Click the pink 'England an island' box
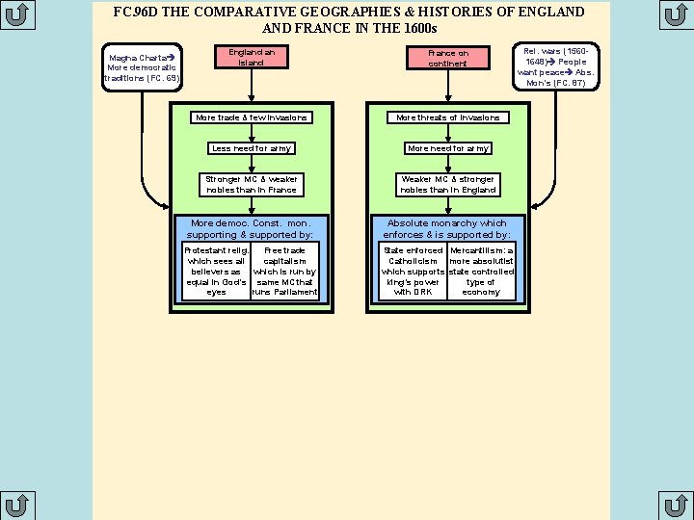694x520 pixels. (x=252, y=57)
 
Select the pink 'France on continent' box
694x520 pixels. (x=448, y=58)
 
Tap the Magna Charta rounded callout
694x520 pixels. (x=142, y=67)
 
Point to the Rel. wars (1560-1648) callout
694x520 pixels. (x=556, y=66)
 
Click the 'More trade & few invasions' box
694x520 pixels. (x=252, y=117)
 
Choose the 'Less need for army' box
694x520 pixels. (x=252, y=148)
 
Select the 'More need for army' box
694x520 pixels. (x=448, y=148)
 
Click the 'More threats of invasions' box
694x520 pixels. (x=448, y=117)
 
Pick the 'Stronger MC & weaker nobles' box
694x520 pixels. (x=252, y=185)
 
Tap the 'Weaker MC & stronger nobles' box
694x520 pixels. (x=448, y=185)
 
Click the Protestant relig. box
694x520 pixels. (x=217, y=271)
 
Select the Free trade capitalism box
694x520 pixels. (x=285, y=271)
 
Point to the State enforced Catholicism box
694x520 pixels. (x=413, y=271)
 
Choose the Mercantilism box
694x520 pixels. (x=482, y=271)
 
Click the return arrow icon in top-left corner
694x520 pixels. (x=17, y=14)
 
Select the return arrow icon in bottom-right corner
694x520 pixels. (x=677, y=506)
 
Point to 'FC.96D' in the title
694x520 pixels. (x=136, y=12)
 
